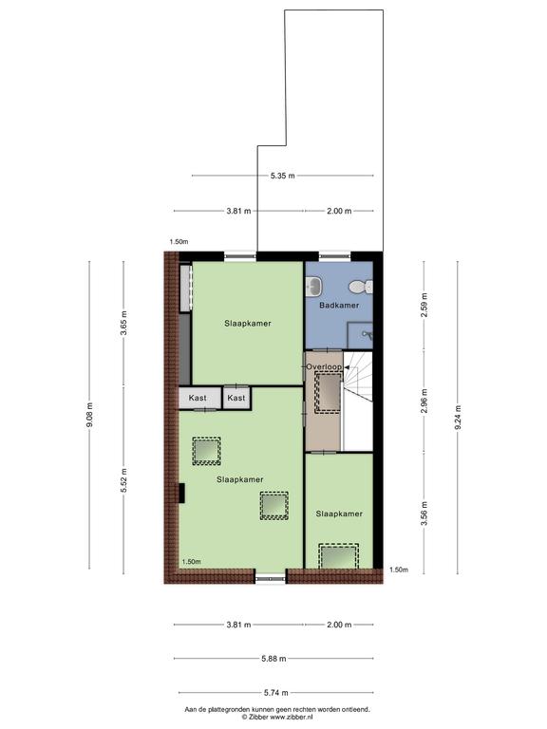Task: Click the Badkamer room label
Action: (x=339, y=306)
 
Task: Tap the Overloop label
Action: (x=324, y=366)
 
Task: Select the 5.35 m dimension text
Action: (x=283, y=176)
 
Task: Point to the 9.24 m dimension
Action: (x=458, y=417)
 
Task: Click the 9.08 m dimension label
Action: (x=90, y=414)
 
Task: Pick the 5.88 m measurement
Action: (x=273, y=659)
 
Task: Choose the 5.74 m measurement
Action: (x=275, y=693)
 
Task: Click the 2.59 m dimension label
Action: (x=424, y=305)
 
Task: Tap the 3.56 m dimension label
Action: (x=424, y=514)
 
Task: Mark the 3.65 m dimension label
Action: (x=123, y=323)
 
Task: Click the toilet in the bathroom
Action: (x=361, y=287)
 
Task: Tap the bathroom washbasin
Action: (x=314, y=286)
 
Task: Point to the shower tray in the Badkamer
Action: (x=361, y=335)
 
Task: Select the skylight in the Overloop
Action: (x=329, y=392)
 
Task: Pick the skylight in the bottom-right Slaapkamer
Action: (x=339, y=556)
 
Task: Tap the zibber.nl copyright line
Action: (x=276, y=717)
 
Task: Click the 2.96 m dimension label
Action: (x=424, y=401)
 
